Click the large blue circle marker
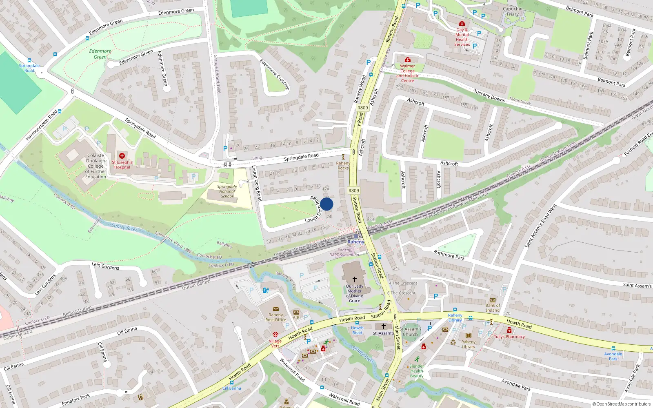click(326, 204)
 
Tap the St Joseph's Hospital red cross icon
click(122, 156)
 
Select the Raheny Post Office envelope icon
click(275, 309)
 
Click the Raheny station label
click(355, 242)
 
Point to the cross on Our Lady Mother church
click(354, 279)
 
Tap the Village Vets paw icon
click(275, 335)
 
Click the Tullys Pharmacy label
click(509, 337)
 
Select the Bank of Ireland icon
click(492, 300)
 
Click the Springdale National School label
click(227, 191)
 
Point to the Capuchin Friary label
click(513, 11)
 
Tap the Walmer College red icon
click(407, 60)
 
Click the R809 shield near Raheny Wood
click(362, 108)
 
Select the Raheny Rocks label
click(343, 165)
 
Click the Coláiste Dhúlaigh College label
click(96, 166)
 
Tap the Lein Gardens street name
click(105, 266)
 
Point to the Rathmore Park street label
click(449, 255)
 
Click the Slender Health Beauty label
click(417, 371)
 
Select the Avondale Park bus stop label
click(613, 356)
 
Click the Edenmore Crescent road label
click(274, 74)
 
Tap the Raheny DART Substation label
click(344, 253)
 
